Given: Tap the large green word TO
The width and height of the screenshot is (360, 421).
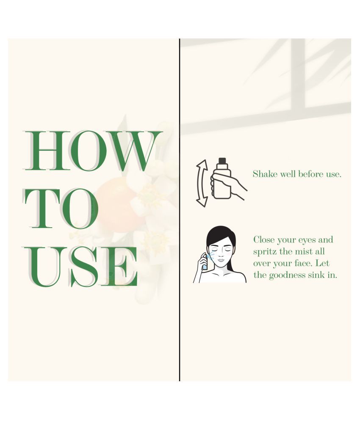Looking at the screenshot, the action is [x=61, y=209].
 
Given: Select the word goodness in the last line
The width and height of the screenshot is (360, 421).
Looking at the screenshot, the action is [x=287, y=275].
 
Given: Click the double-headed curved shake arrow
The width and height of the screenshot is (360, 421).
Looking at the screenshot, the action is [x=202, y=183].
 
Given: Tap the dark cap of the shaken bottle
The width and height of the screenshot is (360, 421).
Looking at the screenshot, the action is [x=222, y=161].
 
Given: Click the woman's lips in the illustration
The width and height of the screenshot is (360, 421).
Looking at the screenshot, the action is [x=221, y=260].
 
